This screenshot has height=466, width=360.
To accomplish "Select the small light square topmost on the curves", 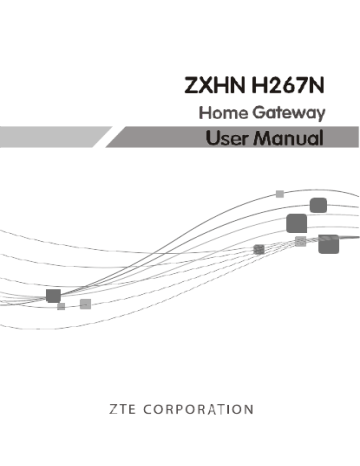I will pyautogui.click(x=280, y=193).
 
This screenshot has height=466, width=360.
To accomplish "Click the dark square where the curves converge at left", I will pyautogui.click(x=53, y=295).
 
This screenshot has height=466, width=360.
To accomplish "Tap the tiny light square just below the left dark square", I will pyautogui.click(x=61, y=308).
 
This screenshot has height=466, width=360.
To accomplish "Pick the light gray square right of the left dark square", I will pyautogui.click(x=86, y=303).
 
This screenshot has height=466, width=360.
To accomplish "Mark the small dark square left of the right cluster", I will pyautogui.click(x=259, y=248).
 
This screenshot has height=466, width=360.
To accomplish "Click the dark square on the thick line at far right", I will pyautogui.click(x=327, y=244).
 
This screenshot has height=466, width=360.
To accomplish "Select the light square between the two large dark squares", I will pyautogui.click(x=300, y=241).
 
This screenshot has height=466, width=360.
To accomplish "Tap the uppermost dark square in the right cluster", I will pyautogui.click(x=318, y=205).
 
